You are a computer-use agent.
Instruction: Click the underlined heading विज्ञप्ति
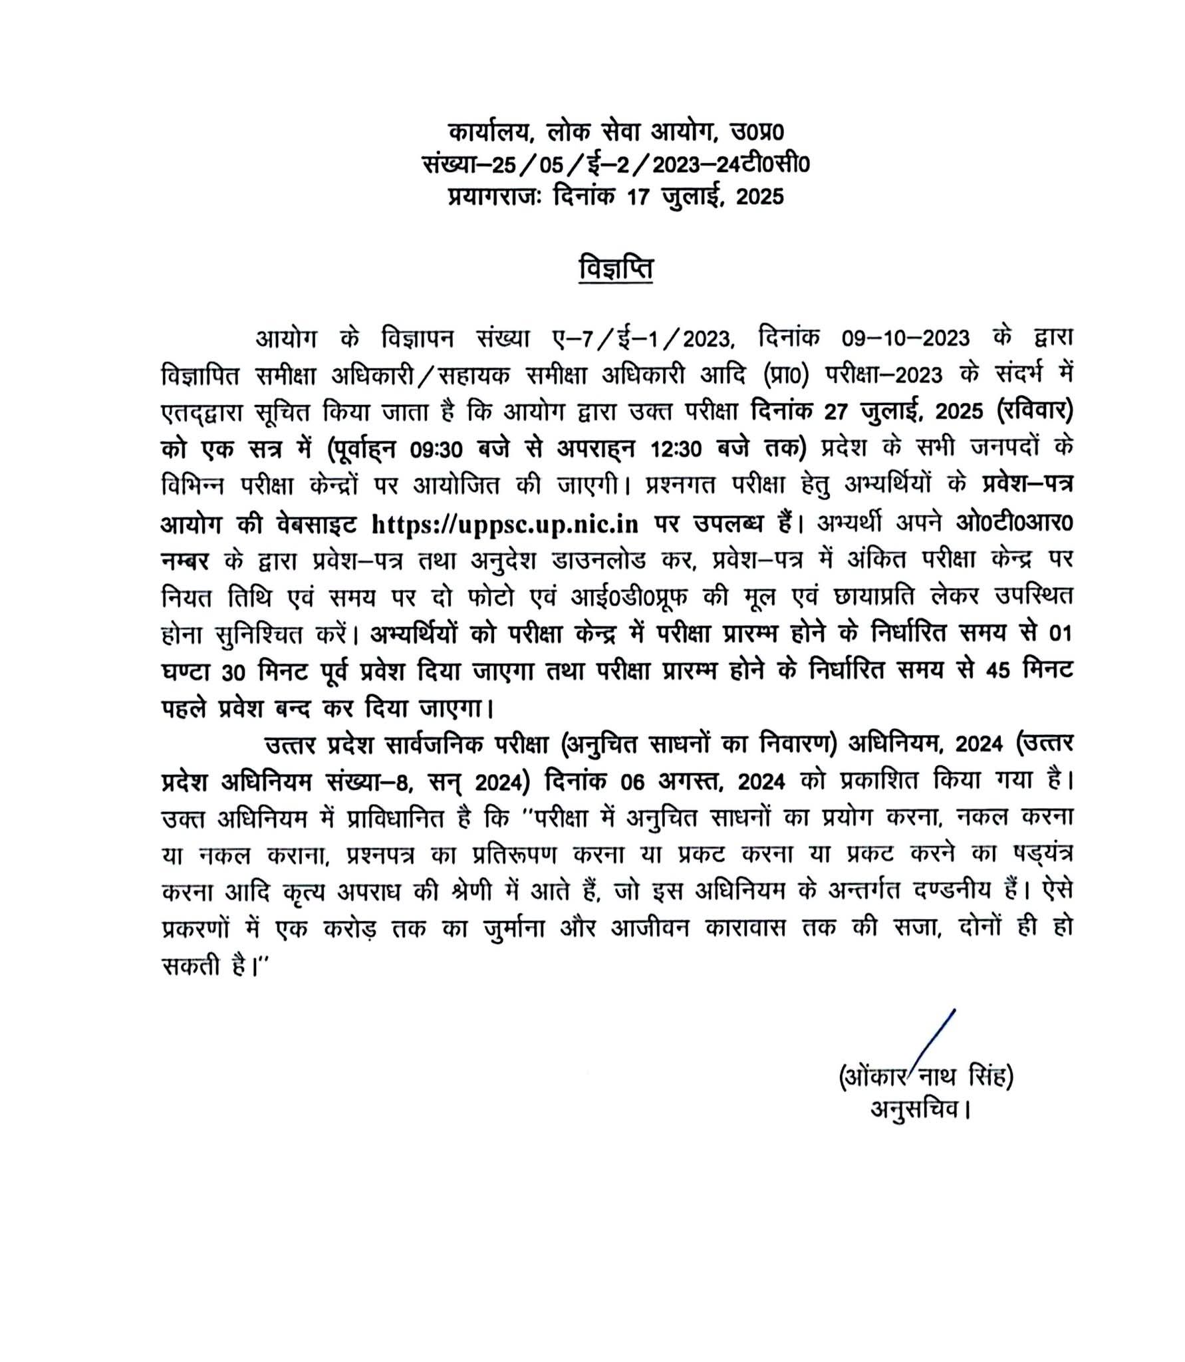[616, 269]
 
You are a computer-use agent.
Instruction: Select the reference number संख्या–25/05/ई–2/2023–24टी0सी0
[616, 164]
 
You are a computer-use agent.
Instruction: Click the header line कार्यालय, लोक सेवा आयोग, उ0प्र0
[616, 132]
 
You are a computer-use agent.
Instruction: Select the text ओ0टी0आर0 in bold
[1013, 524]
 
